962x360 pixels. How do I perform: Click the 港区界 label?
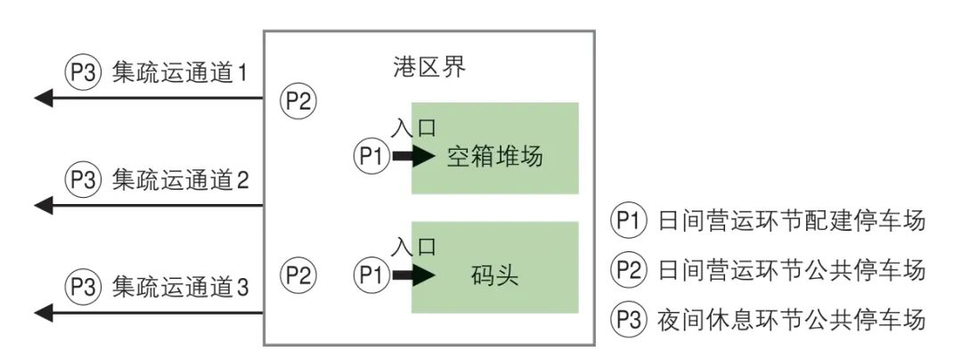pyautogui.click(x=428, y=68)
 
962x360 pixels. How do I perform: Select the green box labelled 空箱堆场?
pyautogui.click(x=494, y=148)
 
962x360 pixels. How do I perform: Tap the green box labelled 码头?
pyautogui.click(x=494, y=267)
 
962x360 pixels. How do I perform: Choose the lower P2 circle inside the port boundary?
pyautogui.click(x=298, y=273)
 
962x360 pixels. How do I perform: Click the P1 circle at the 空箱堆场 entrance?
pyautogui.click(x=371, y=157)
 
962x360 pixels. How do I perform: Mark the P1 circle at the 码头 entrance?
pyautogui.click(x=371, y=274)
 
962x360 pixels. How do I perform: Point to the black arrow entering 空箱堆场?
pyautogui.click(x=413, y=157)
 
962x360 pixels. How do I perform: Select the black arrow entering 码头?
pyautogui.click(x=413, y=274)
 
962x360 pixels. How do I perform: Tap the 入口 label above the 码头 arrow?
pyautogui.click(x=413, y=247)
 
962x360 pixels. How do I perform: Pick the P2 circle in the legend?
pyautogui.click(x=627, y=269)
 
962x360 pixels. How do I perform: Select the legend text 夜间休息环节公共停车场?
pyautogui.click(x=792, y=318)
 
